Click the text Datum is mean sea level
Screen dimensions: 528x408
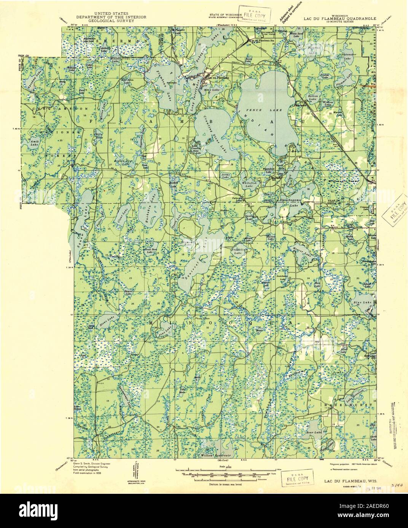coord(217,485)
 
